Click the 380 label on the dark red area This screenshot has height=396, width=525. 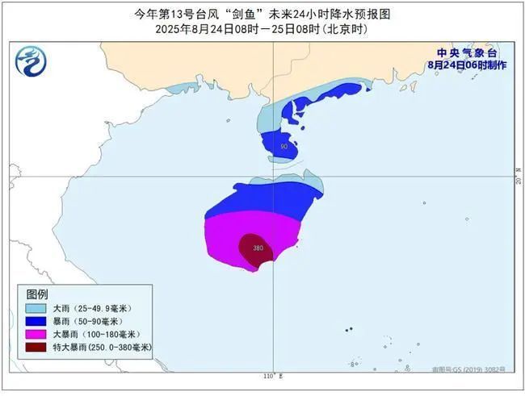pos(258,248)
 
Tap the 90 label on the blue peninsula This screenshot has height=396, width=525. pos(283,147)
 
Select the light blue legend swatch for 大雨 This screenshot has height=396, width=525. pos(35,308)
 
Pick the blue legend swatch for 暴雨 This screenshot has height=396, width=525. pos(35,321)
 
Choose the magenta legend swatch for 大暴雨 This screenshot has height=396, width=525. pos(35,334)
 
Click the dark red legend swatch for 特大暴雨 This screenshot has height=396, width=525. pos(35,347)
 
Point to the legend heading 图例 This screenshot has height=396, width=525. pos(38,293)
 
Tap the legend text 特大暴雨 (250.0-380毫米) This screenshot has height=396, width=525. pos(103,347)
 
